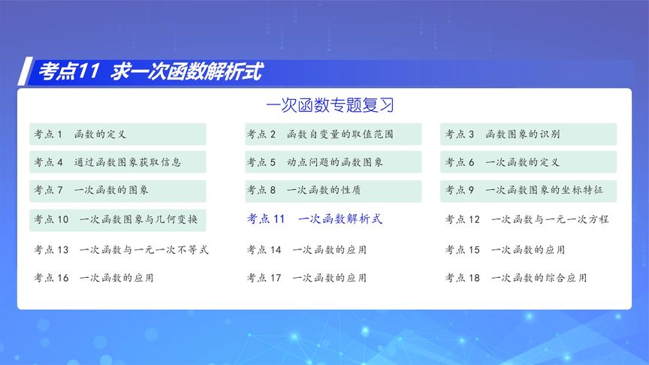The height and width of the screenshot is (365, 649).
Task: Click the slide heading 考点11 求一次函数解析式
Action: point(149,72)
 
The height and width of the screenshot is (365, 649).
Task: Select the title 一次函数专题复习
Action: point(330,105)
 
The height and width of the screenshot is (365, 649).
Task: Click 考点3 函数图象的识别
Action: point(528,134)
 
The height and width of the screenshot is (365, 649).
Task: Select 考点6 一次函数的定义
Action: point(528,162)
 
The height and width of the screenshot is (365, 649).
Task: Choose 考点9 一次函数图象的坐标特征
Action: point(528,191)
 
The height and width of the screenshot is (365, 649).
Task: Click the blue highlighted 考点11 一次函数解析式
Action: point(315,219)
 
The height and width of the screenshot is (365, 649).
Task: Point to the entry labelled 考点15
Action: point(505,249)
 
